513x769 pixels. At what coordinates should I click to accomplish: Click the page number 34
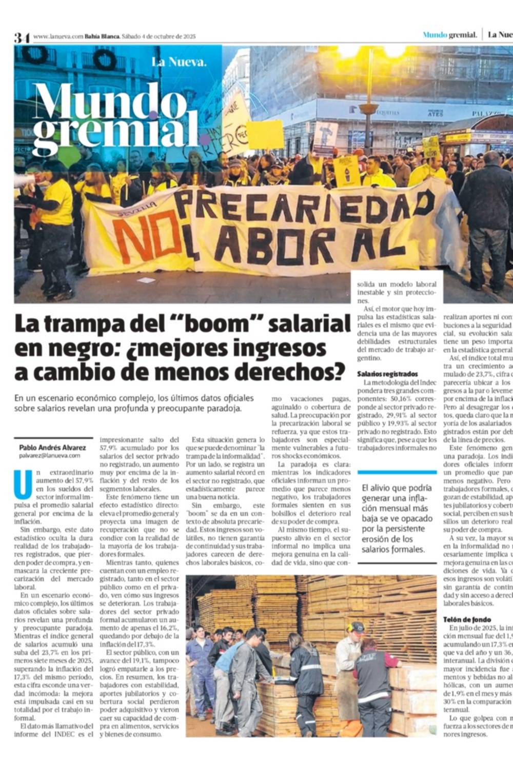click(x=22, y=37)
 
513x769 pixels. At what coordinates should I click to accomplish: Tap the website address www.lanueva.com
click(x=58, y=36)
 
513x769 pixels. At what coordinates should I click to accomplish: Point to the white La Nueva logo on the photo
click(x=179, y=63)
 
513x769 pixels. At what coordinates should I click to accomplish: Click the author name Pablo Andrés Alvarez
click(x=52, y=448)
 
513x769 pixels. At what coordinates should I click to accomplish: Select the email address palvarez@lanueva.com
click(x=50, y=455)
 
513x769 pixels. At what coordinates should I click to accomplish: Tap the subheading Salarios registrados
click(x=387, y=374)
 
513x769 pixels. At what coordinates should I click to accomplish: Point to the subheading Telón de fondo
click(x=467, y=619)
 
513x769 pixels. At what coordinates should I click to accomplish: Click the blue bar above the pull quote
click(x=397, y=472)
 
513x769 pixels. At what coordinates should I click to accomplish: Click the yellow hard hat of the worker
click(x=356, y=627)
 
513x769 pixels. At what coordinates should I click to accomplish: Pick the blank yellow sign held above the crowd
click(x=265, y=134)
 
